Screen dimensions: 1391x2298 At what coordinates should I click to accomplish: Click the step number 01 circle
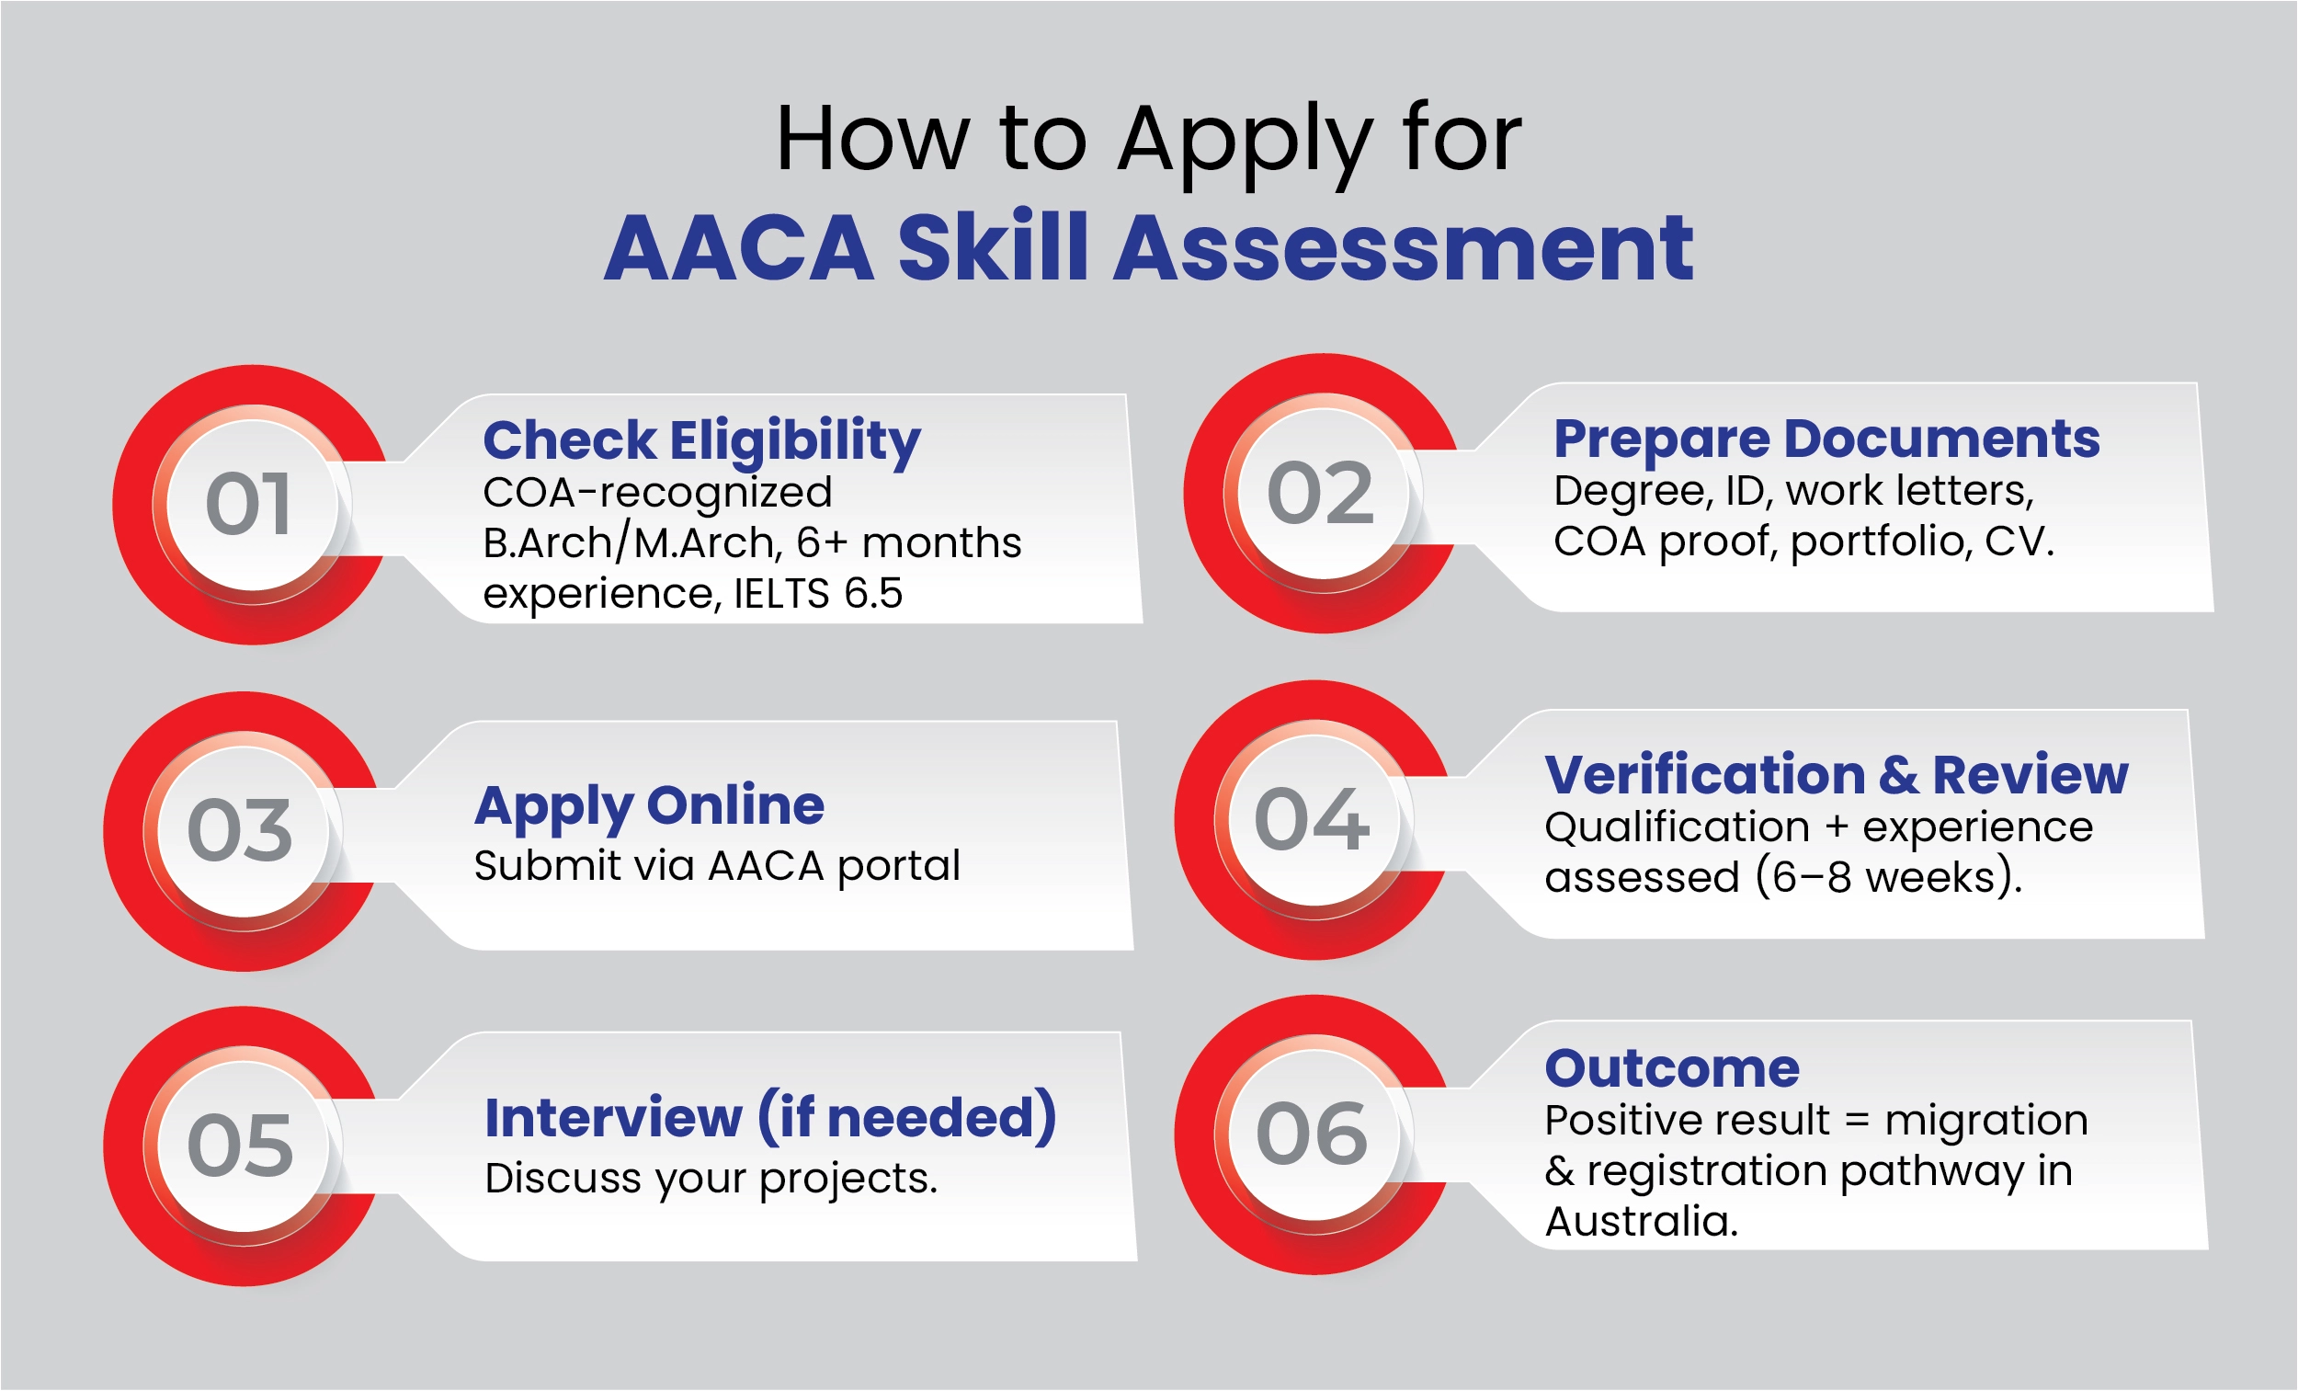click(x=250, y=505)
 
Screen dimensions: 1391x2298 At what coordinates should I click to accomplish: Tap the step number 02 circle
click(x=1321, y=494)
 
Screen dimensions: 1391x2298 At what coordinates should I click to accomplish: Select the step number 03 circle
click(x=241, y=831)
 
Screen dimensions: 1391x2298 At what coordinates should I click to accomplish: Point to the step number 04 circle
click(x=1313, y=820)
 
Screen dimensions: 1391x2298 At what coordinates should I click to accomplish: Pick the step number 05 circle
click(x=241, y=1146)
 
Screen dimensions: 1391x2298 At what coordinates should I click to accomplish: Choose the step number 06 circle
click(x=1313, y=1134)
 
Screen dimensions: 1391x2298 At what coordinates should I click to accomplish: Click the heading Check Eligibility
click(x=701, y=440)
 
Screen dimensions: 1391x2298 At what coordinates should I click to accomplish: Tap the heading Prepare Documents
click(x=1826, y=439)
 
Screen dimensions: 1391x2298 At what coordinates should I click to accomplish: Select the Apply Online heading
click(x=649, y=805)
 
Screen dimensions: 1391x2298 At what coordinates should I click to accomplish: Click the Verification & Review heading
click(x=1837, y=774)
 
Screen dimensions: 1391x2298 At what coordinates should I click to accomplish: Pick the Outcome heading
click(x=1672, y=1068)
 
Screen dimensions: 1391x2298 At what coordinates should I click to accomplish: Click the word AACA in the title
click(x=740, y=248)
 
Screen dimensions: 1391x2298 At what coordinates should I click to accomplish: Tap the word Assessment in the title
click(x=1404, y=248)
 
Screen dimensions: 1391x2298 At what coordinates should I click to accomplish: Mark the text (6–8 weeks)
click(x=1889, y=878)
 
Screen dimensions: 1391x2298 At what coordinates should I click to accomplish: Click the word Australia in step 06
click(x=1642, y=1222)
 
